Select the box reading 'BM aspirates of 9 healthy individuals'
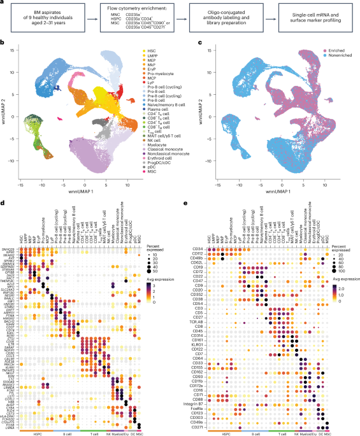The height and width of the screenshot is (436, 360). pyautogui.click(x=50, y=18)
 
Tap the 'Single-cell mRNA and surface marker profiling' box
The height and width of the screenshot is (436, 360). pyautogui.click(x=319, y=18)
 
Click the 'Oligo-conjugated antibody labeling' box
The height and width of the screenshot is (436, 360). pyautogui.click(x=229, y=18)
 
